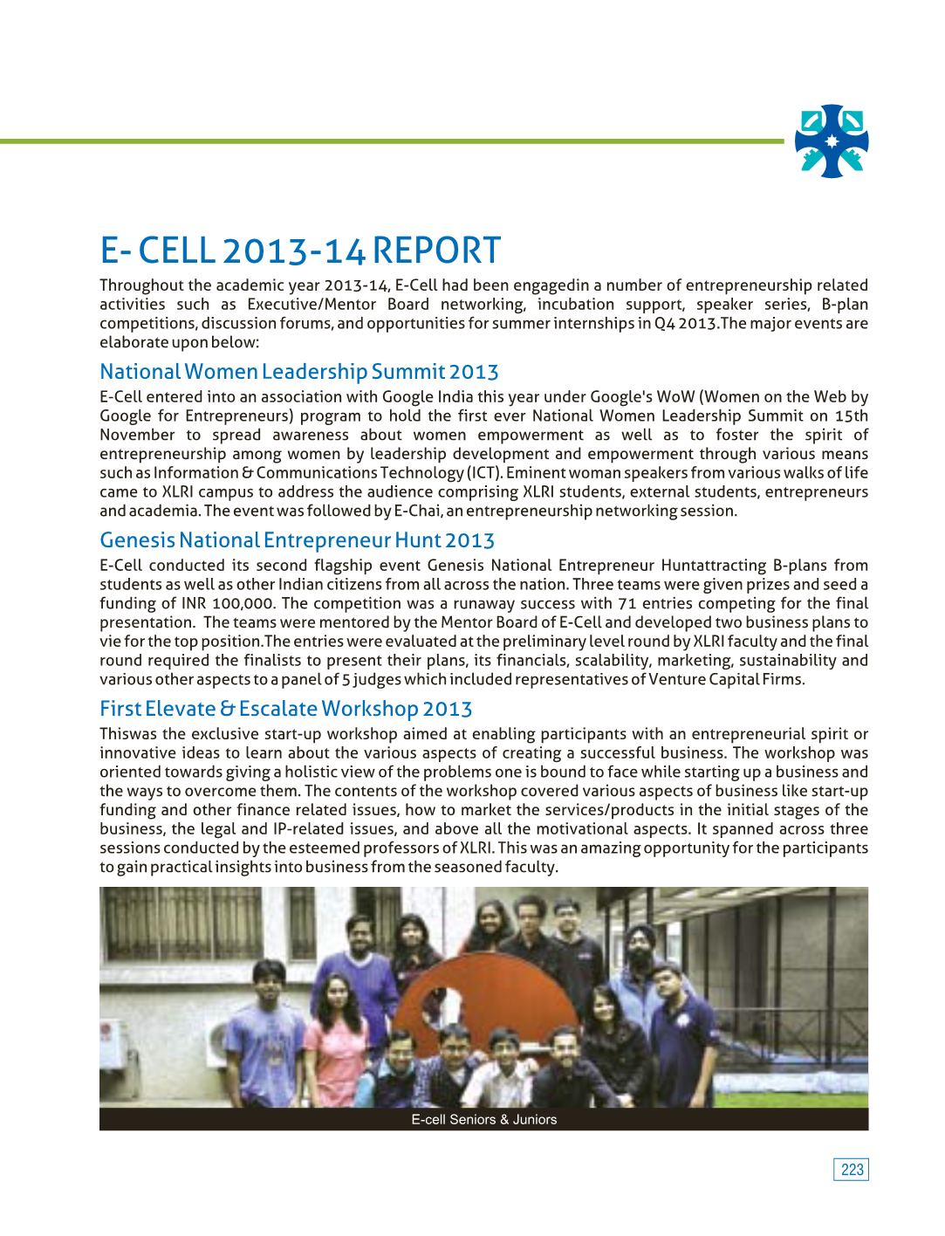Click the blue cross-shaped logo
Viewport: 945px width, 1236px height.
[832, 141]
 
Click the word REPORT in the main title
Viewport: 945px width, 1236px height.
[436, 251]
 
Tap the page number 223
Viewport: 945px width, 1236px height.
[853, 1170]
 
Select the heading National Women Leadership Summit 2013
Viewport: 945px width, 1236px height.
[299, 372]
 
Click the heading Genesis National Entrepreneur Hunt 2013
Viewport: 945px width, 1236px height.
[297, 540]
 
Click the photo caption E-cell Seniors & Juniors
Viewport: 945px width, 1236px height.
[483, 1119]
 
